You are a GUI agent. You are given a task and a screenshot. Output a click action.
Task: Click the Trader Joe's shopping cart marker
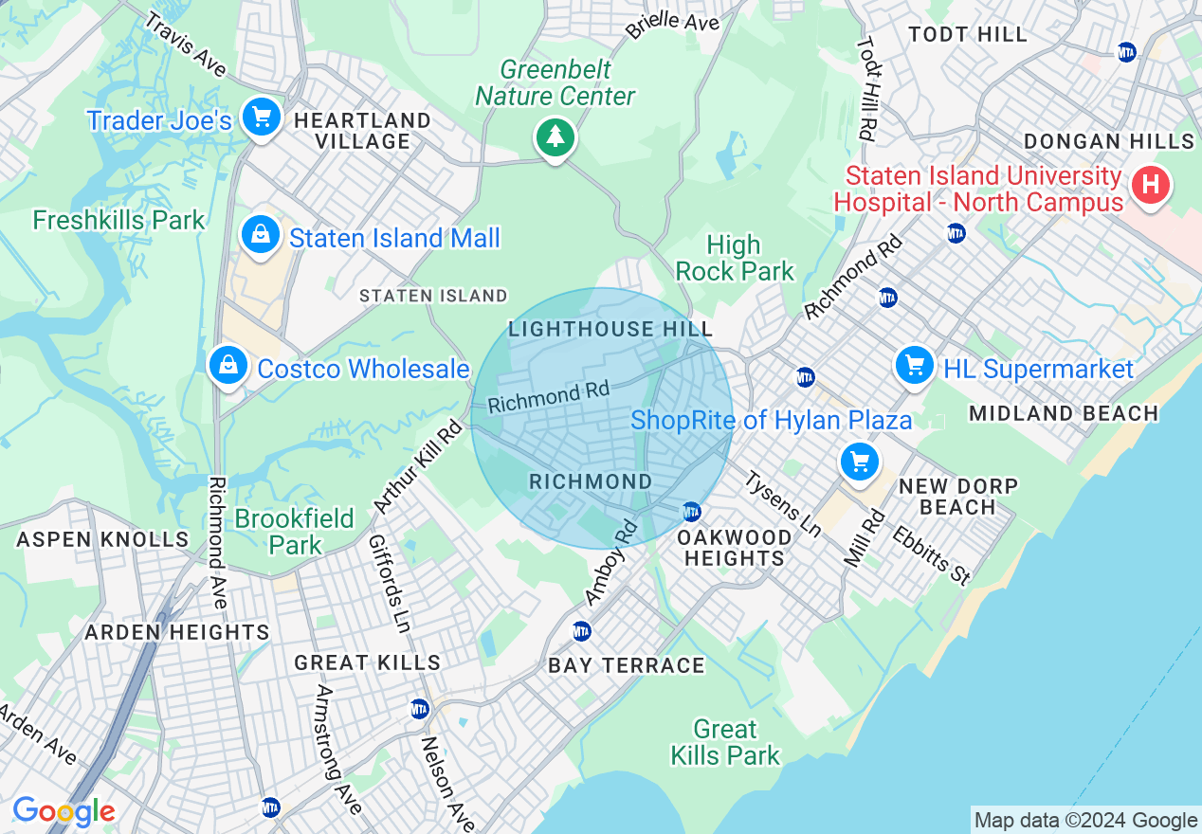coord(261,118)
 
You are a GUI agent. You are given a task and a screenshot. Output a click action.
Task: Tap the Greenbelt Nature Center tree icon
coord(555,137)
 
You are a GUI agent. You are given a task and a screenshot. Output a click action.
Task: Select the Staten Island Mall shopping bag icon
coord(260,235)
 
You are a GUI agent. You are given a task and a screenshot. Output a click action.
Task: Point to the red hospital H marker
coord(1151,184)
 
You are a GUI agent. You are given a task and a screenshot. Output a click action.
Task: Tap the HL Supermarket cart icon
coord(914,365)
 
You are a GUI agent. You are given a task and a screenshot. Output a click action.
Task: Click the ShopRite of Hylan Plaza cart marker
coord(860,462)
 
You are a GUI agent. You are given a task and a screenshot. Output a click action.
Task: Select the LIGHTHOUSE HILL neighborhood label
coord(610,330)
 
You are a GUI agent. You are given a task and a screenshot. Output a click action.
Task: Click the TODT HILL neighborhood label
coord(967,35)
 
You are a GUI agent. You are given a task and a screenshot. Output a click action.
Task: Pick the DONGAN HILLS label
coord(1108,142)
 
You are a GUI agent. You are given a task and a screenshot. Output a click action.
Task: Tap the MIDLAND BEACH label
coord(1064,413)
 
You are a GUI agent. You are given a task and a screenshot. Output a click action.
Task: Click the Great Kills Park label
coord(725,742)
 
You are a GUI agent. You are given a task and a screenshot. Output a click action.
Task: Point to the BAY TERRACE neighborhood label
coord(627,665)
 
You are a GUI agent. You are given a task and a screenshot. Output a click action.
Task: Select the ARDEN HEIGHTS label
coord(177,632)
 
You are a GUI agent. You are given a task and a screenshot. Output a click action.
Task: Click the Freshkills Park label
coord(118,221)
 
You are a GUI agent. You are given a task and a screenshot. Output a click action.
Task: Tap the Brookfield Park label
coord(295,532)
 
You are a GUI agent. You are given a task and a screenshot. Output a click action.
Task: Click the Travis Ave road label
coord(185,45)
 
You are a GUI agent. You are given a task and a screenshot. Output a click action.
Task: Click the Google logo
coord(63,811)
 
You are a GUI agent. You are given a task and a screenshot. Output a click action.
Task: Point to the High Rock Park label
coord(735,258)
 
